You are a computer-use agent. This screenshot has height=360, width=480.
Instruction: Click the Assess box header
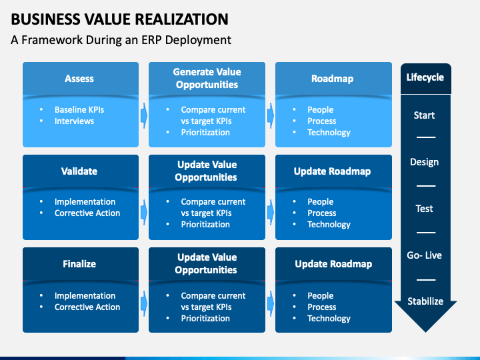tap(79, 79)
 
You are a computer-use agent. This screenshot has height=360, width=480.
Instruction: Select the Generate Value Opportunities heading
tap(207, 78)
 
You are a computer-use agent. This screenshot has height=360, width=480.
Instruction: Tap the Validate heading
tap(79, 171)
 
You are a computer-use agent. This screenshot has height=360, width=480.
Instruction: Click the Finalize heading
tap(79, 264)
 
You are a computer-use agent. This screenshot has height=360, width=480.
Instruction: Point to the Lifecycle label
tap(425, 77)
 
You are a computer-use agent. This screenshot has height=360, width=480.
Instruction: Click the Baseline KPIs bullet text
tap(79, 109)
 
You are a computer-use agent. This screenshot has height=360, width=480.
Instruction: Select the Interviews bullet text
tap(75, 121)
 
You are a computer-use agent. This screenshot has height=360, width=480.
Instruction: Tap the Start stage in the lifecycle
tap(424, 115)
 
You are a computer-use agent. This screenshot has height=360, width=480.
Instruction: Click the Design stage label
tap(424, 162)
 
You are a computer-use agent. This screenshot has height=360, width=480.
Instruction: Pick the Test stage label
tap(424, 209)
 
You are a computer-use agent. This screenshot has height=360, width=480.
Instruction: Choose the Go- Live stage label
tap(424, 255)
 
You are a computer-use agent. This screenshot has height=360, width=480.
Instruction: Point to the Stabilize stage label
tap(425, 301)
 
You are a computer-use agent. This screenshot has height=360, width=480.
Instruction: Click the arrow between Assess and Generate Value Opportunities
tap(144, 116)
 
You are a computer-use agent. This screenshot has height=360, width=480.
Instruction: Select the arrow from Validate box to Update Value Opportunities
tap(144, 212)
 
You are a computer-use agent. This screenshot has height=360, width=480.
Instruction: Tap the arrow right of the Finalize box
tap(144, 303)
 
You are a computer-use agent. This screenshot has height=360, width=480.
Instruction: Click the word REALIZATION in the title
tap(181, 19)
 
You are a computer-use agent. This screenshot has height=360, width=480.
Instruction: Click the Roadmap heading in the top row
tap(333, 79)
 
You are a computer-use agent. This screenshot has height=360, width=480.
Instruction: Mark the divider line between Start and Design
tap(426, 137)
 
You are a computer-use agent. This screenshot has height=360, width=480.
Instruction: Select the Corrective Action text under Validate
tap(87, 213)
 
